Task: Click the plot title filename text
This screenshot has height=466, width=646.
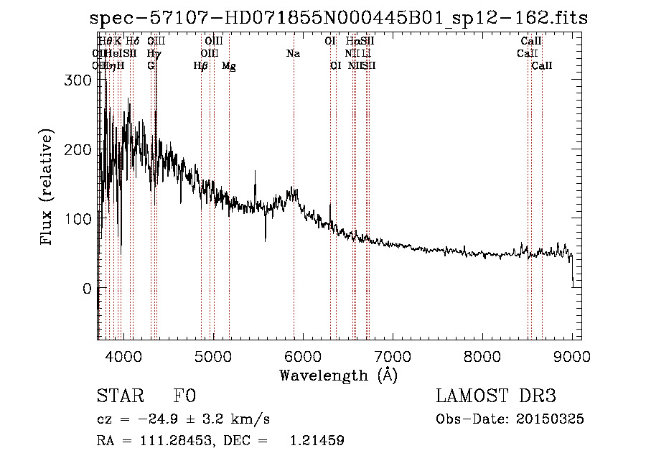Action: click(338, 18)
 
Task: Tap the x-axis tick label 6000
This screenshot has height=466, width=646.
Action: click(302, 355)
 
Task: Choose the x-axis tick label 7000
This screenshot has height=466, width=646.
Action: click(392, 355)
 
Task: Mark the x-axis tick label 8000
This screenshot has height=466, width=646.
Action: click(482, 355)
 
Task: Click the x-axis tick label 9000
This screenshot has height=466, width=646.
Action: click(571, 355)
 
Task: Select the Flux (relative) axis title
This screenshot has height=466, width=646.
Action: click(47, 187)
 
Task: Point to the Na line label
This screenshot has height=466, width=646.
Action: click(293, 54)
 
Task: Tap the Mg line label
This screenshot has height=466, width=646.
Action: click(229, 66)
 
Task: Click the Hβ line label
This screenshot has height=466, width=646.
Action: click(200, 66)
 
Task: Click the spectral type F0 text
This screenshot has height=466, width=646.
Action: click(184, 396)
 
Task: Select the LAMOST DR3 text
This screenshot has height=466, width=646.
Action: click(496, 396)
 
